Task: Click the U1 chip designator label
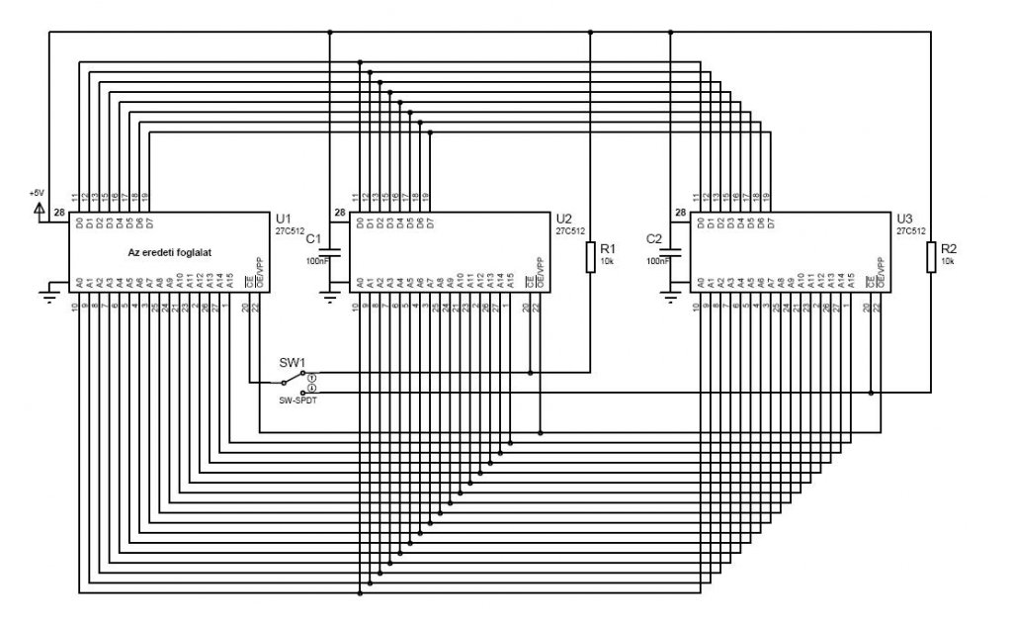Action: (285, 218)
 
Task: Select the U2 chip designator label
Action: (564, 218)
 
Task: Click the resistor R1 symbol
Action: (590, 257)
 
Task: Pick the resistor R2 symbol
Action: (930, 257)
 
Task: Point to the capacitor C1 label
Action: (314, 239)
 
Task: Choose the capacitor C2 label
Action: (653, 239)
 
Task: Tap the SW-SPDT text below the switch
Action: (296, 400)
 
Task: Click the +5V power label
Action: (37, 192)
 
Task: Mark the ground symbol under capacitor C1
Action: (330, 294)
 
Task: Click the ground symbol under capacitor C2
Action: (671, 294)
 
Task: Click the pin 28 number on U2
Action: (339, 213)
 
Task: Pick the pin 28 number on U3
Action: (680, 213)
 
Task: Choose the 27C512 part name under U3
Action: (910, 230)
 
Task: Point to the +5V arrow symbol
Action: (39, 208)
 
